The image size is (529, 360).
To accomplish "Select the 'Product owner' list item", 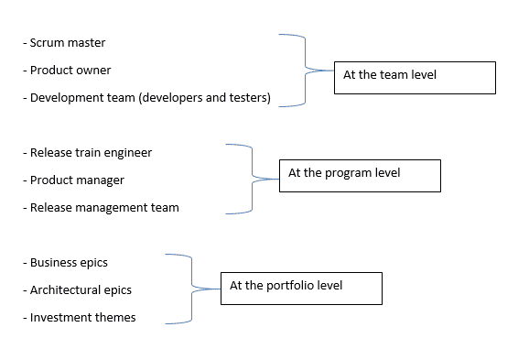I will (x=70, y=71).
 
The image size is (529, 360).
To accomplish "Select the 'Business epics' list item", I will (x=69, y=263).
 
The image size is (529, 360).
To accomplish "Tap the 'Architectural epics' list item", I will (x=81, y=290).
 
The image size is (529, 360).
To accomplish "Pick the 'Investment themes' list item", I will (x=82, y=318).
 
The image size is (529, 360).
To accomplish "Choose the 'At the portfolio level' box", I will (x=300, y=288).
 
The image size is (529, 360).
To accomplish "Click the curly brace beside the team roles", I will (x=300, y=71).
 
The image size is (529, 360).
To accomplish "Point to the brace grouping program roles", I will (x=247, y=179).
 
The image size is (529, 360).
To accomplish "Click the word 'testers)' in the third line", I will (x=248, y=98).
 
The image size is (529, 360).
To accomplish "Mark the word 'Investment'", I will (x=59, y=318).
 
